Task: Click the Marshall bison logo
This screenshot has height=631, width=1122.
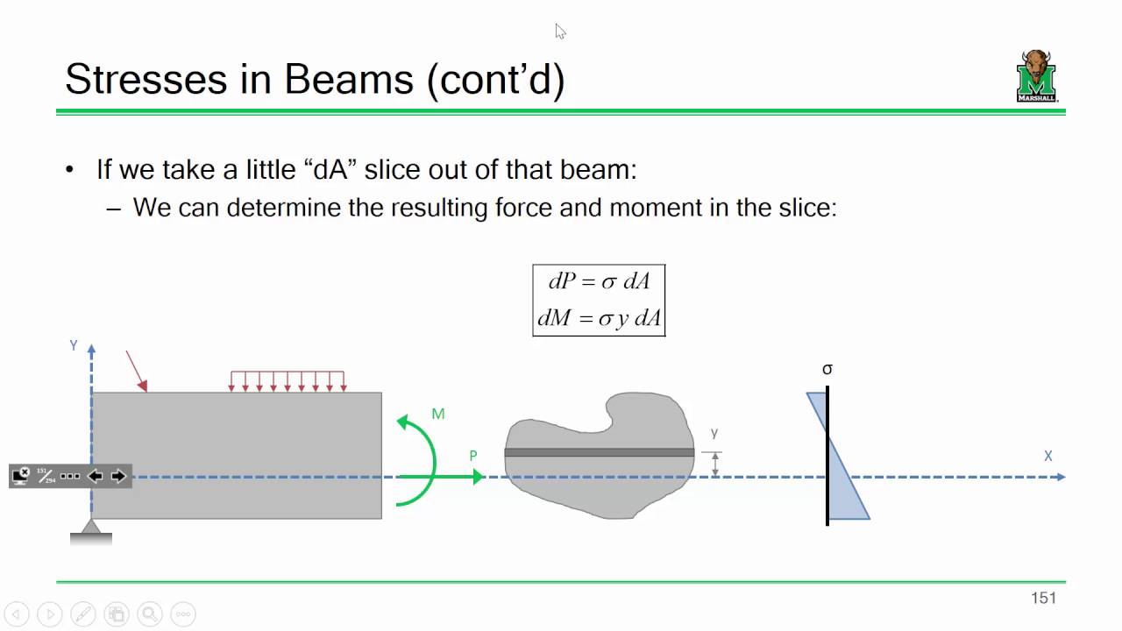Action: (x=1037, y=76)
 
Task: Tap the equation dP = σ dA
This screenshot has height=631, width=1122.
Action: (x=600, y=281)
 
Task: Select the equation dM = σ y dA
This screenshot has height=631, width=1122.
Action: (x=600, y=318)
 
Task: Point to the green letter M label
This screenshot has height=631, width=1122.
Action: (x=438, y=414)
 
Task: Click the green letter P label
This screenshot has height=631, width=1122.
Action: (x=473, y=456)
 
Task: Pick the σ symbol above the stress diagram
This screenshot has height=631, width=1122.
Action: (x=827, y=370)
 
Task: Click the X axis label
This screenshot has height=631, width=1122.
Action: (x=1047, y=457)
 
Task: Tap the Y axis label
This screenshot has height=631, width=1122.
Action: (x=74, y=346)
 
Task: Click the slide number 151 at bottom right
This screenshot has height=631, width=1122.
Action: (x=1043, y=598)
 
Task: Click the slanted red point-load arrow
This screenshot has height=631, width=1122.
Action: (x=136, y=370)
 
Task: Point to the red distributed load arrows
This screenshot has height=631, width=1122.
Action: (x=287, y=380)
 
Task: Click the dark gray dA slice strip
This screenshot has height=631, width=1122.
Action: (x=600, y=453)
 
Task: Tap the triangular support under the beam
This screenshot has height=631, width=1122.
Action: (x=91, y=526)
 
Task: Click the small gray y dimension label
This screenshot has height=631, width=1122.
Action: (x=714, y=433)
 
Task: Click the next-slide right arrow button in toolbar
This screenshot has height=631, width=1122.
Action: (x=118, y=476)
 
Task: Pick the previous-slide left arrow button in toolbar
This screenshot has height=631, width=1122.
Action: (x=95, y=476)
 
